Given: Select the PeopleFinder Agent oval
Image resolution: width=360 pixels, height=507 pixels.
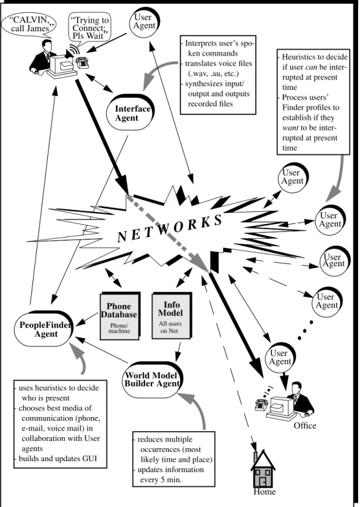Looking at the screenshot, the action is click(x=44, y=329).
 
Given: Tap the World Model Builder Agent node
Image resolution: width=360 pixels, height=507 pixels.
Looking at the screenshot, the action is click(x=152, y=380).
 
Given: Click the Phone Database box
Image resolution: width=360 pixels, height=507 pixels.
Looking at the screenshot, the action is click(x=120, y=316).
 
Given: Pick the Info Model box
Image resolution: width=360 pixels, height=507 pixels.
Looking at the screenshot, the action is click(x=171, y=315).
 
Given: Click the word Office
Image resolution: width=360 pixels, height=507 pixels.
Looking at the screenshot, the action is click(x=305, y=426).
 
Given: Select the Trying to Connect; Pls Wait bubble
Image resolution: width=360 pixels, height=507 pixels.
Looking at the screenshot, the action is click(x=89, y=28).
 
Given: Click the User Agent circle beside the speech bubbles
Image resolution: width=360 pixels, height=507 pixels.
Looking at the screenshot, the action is click(x=144, y=21).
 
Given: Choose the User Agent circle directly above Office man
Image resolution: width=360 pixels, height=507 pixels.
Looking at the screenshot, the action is click(x=280, y=358).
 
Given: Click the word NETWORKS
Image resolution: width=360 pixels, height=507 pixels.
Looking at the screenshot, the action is click(x=170, y=228).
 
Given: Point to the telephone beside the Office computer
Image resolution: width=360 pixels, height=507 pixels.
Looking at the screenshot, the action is click(x=260, y=404).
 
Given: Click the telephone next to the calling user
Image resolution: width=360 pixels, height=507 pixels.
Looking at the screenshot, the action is click(x=83, y=62).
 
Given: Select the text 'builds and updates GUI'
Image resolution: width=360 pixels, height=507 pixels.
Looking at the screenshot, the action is click(x=58, y=459).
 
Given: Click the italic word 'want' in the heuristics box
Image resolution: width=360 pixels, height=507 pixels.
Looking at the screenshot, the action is click(x=290, y=128).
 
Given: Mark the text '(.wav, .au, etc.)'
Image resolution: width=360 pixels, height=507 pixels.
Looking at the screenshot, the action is click(x=213, y=73).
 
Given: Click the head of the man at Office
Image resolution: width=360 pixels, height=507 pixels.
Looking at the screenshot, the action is click(x=297, y=388).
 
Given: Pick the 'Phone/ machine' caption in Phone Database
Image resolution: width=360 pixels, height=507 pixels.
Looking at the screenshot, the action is click(x=119, y=328).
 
